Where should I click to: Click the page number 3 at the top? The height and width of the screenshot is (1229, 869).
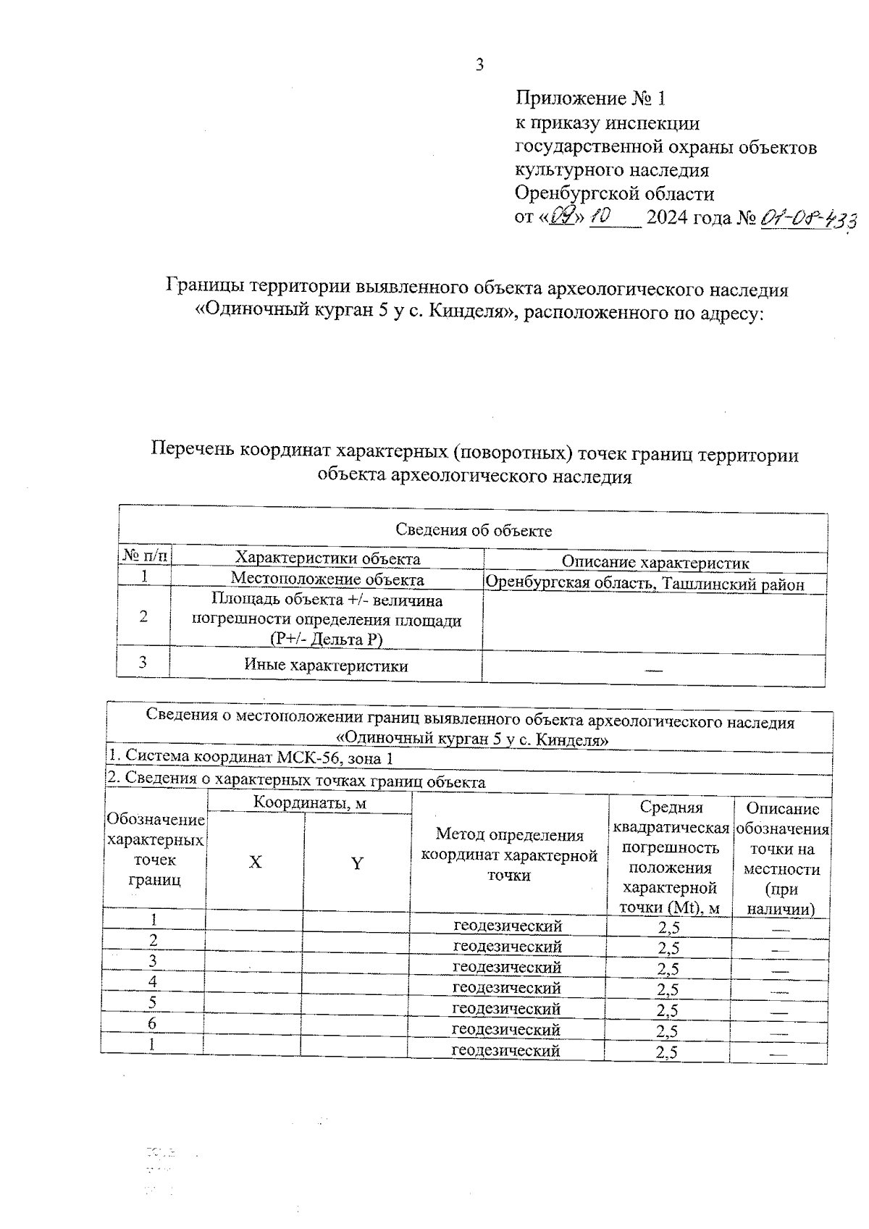pos(479,65)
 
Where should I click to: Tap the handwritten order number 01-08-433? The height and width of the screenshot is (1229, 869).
pos(807,218)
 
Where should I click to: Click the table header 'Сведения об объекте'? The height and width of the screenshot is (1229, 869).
pos(474,530)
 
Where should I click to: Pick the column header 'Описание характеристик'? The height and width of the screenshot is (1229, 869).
pos(655,562)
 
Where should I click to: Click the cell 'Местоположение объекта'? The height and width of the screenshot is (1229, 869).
pos(327,579)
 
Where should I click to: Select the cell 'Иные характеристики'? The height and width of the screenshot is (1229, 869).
pos(326,666)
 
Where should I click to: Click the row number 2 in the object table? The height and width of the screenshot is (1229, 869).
pos(144,617)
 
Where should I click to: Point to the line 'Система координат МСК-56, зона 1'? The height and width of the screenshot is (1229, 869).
pos(251,757)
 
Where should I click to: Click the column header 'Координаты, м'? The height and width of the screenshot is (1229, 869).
pos(310,802)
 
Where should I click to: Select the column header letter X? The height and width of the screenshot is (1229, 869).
pos(256,863)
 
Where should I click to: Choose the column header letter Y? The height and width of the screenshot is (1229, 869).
pos(356,863)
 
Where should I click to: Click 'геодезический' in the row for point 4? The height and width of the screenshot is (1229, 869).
pos(507,988)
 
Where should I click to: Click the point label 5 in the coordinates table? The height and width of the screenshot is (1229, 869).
pos(153,1003)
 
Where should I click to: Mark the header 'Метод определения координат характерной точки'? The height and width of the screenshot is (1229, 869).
pos(510,855)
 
